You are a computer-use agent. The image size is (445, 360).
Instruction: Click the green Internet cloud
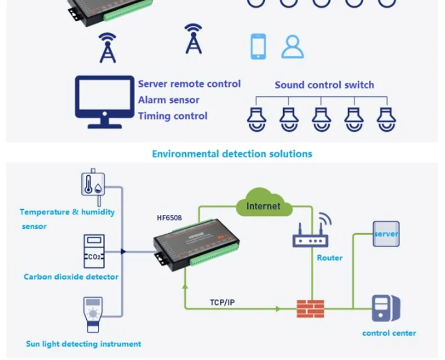pyautogui.click(x=264, y=202)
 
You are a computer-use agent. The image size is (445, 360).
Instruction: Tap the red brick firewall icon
pyautogui.click(x=310, y=309)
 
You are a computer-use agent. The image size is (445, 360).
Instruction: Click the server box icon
pyautogui.click(x=386, y=234)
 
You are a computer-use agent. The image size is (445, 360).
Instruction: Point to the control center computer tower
pyautogui.click(x=386, y=308)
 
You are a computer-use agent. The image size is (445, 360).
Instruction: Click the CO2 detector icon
pyautogui.click(x=94, y=251)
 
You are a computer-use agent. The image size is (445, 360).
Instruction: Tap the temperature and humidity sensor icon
pyautogui.click(x=93, y=187)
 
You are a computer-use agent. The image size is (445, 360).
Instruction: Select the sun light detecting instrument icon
pyautogui.click(x=93, y=314)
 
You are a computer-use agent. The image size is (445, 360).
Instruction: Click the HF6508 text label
pyautogui.click(x=170, y=218)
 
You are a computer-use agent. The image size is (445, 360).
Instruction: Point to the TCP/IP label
pyautogui.click(x=222, y=302)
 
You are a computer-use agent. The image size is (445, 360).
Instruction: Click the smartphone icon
pyautogui.click(x=258, y=47)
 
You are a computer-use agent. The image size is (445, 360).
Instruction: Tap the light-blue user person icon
pyautogui.click(x=293, y=47)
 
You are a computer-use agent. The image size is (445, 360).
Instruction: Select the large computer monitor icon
pyautogui.click(x=105, y=102)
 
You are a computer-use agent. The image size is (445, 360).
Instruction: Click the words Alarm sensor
pyautogui.click(x=169, y=100)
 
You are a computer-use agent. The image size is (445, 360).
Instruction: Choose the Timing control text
pyautogui.click(x=173, y=116)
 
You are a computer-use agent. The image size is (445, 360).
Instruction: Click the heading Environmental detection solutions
pyautogui.click(x=232, y=154)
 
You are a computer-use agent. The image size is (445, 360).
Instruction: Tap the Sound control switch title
pyautogui.click(x=324, y=85)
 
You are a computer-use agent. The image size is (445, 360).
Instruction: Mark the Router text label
pyautogui.click(x=329, y=258)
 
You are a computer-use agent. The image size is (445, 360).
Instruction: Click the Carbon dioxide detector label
pyautogui.click(x=71, y=277)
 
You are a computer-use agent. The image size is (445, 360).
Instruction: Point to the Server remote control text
pyautogui.click(x=189, y=84)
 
